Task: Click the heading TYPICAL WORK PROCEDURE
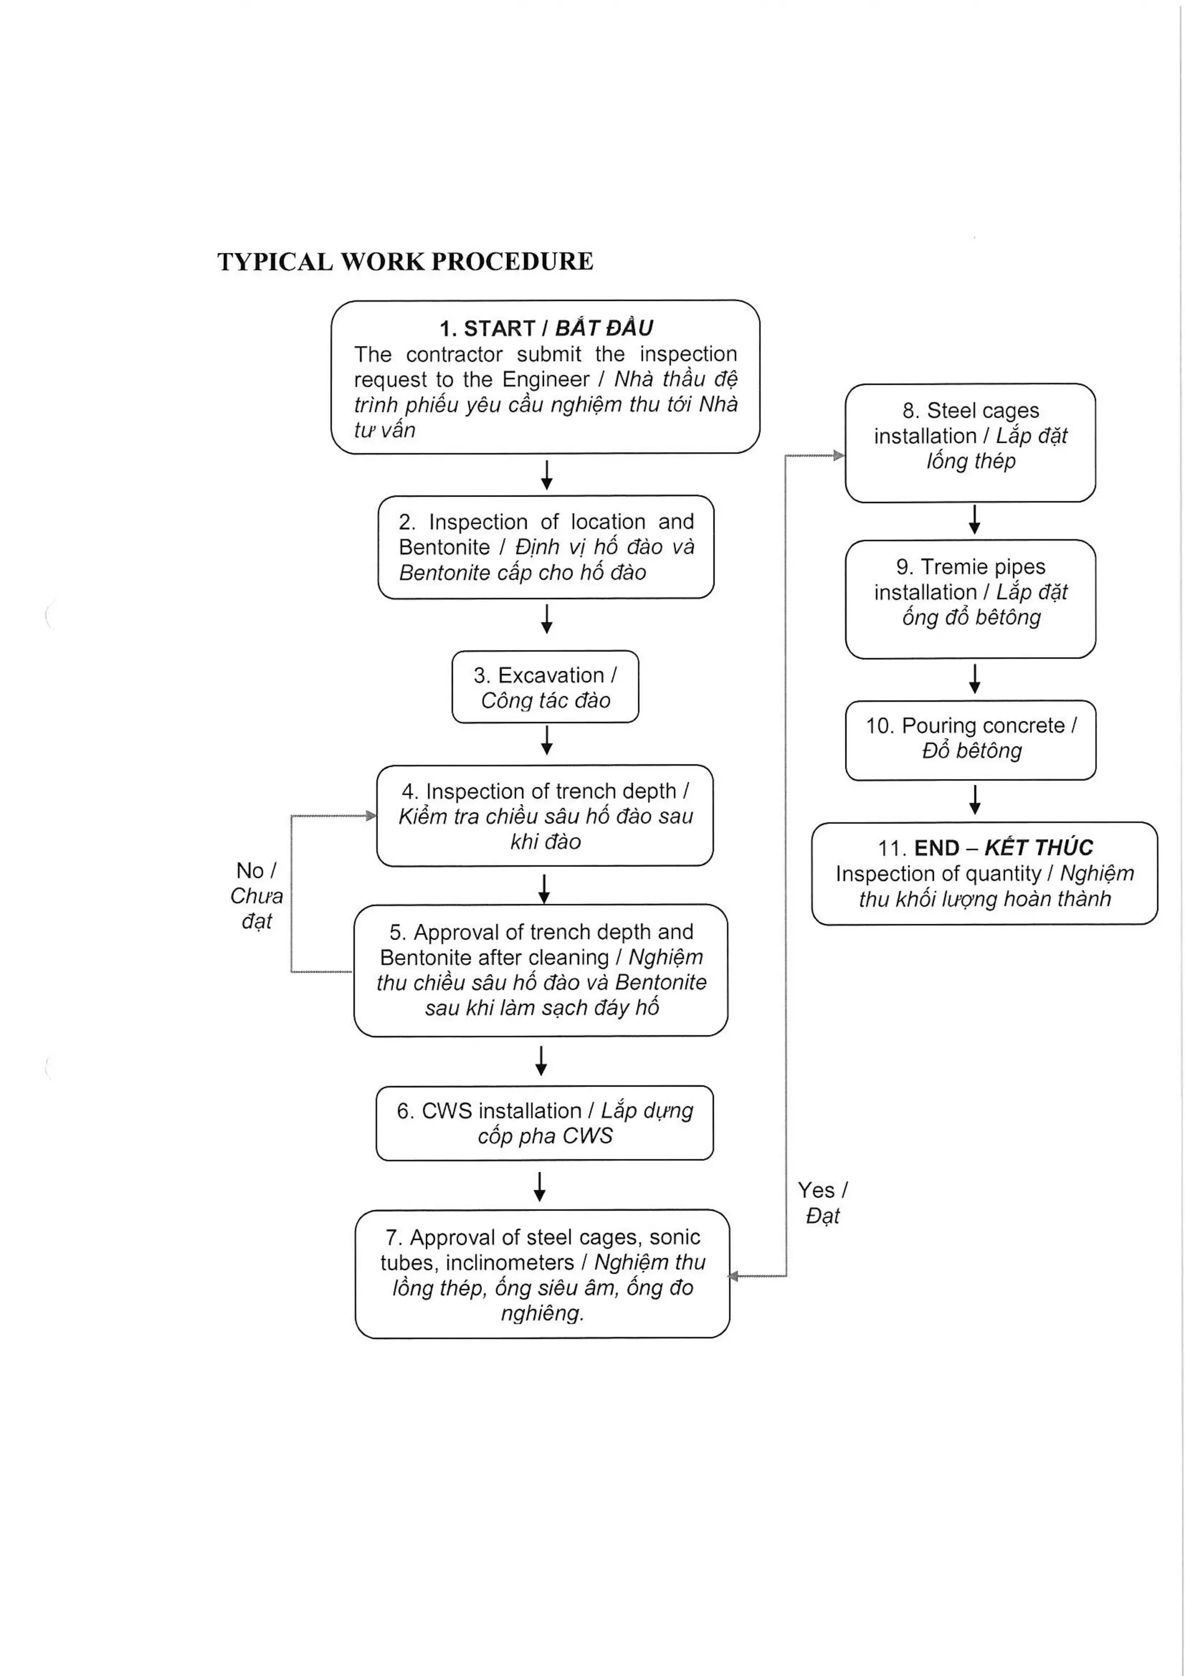405,261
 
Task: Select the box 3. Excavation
545,687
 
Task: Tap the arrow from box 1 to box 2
547,475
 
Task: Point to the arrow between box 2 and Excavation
547,618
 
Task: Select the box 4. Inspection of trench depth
545,816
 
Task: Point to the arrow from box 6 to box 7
539,1186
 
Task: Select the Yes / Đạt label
822,1203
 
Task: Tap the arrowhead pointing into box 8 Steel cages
838,456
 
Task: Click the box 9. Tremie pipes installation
970,599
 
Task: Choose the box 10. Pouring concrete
970,739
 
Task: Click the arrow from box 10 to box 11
975,800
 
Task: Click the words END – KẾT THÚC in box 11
1003,848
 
